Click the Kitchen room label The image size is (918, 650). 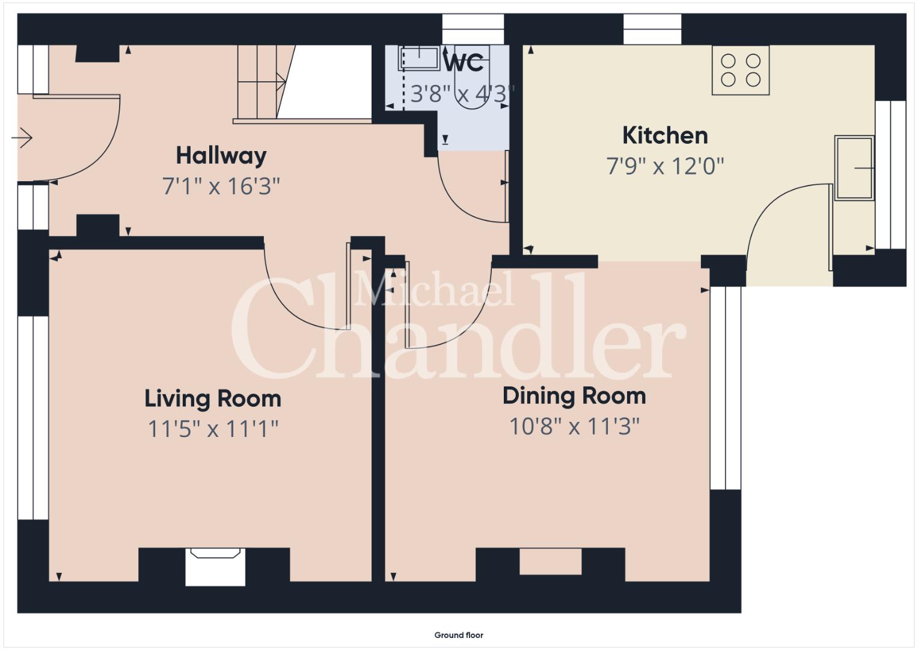click(x=665, y=136)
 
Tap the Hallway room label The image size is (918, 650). click(x=221, y=156)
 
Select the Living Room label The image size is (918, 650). click(x=213, y=399)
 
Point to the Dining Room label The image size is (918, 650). click(x=574, y=397)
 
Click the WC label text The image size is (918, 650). click(x=464, y=63)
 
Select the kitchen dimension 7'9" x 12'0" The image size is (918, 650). click(x=665, y=166)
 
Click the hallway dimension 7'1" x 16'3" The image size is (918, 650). click(x=221, y=187)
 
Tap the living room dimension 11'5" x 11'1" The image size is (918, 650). click(x=213, y=429)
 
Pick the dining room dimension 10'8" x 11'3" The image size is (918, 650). click(x=574, y=427)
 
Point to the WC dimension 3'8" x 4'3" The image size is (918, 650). click(x=462, y=94)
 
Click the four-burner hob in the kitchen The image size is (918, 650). click(x=741, y=70)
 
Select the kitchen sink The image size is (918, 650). click(x=854, y=168)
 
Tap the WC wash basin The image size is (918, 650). click(x=419, y=58)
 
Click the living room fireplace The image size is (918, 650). click(x=215, y=567)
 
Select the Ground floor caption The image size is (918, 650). click(x=459, y=635)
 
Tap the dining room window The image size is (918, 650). click(x=726, y=388)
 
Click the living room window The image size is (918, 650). click(x=33, y=418)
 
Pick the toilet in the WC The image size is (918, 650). click(x=472, y=78)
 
